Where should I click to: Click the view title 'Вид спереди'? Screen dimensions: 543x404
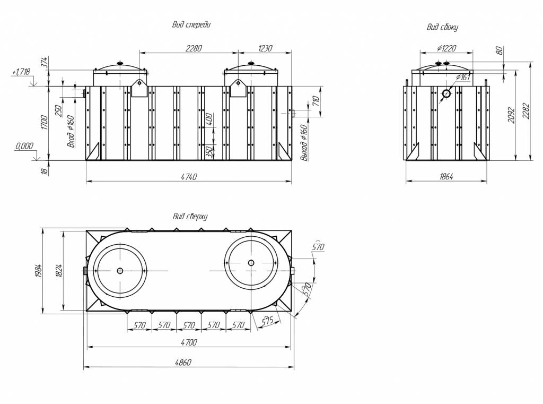pos(191,25)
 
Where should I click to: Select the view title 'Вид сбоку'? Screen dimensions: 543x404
pos(442,28)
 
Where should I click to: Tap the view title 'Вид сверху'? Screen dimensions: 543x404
pos(190,217)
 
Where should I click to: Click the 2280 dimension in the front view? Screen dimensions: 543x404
pos(193,48)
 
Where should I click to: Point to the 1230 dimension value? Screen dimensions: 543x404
pos(265,48)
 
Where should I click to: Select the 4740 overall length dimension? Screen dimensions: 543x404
pos(189,177)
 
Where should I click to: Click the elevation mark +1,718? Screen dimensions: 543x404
pos(21,72)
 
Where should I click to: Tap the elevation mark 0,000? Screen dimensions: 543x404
pos(24,146)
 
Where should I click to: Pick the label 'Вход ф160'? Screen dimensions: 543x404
pos(71,132)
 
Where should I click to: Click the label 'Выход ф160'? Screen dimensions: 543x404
pos(304,143)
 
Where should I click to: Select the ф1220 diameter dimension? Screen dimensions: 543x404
pos(446,48)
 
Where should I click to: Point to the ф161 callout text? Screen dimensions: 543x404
pos(463,77)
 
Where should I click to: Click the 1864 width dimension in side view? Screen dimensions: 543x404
pos(446,176)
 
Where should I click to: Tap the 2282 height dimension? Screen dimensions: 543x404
pos(526,110)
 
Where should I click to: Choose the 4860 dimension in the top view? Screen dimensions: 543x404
pos(183,363)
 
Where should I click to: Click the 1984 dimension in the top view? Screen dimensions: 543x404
pos(38,271)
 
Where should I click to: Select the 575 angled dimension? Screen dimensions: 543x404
pos(268,321)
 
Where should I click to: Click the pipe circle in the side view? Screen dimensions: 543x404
pos(446,93)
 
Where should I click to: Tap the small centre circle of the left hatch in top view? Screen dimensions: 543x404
pos(120,271)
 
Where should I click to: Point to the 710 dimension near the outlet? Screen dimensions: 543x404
pos(316,101)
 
